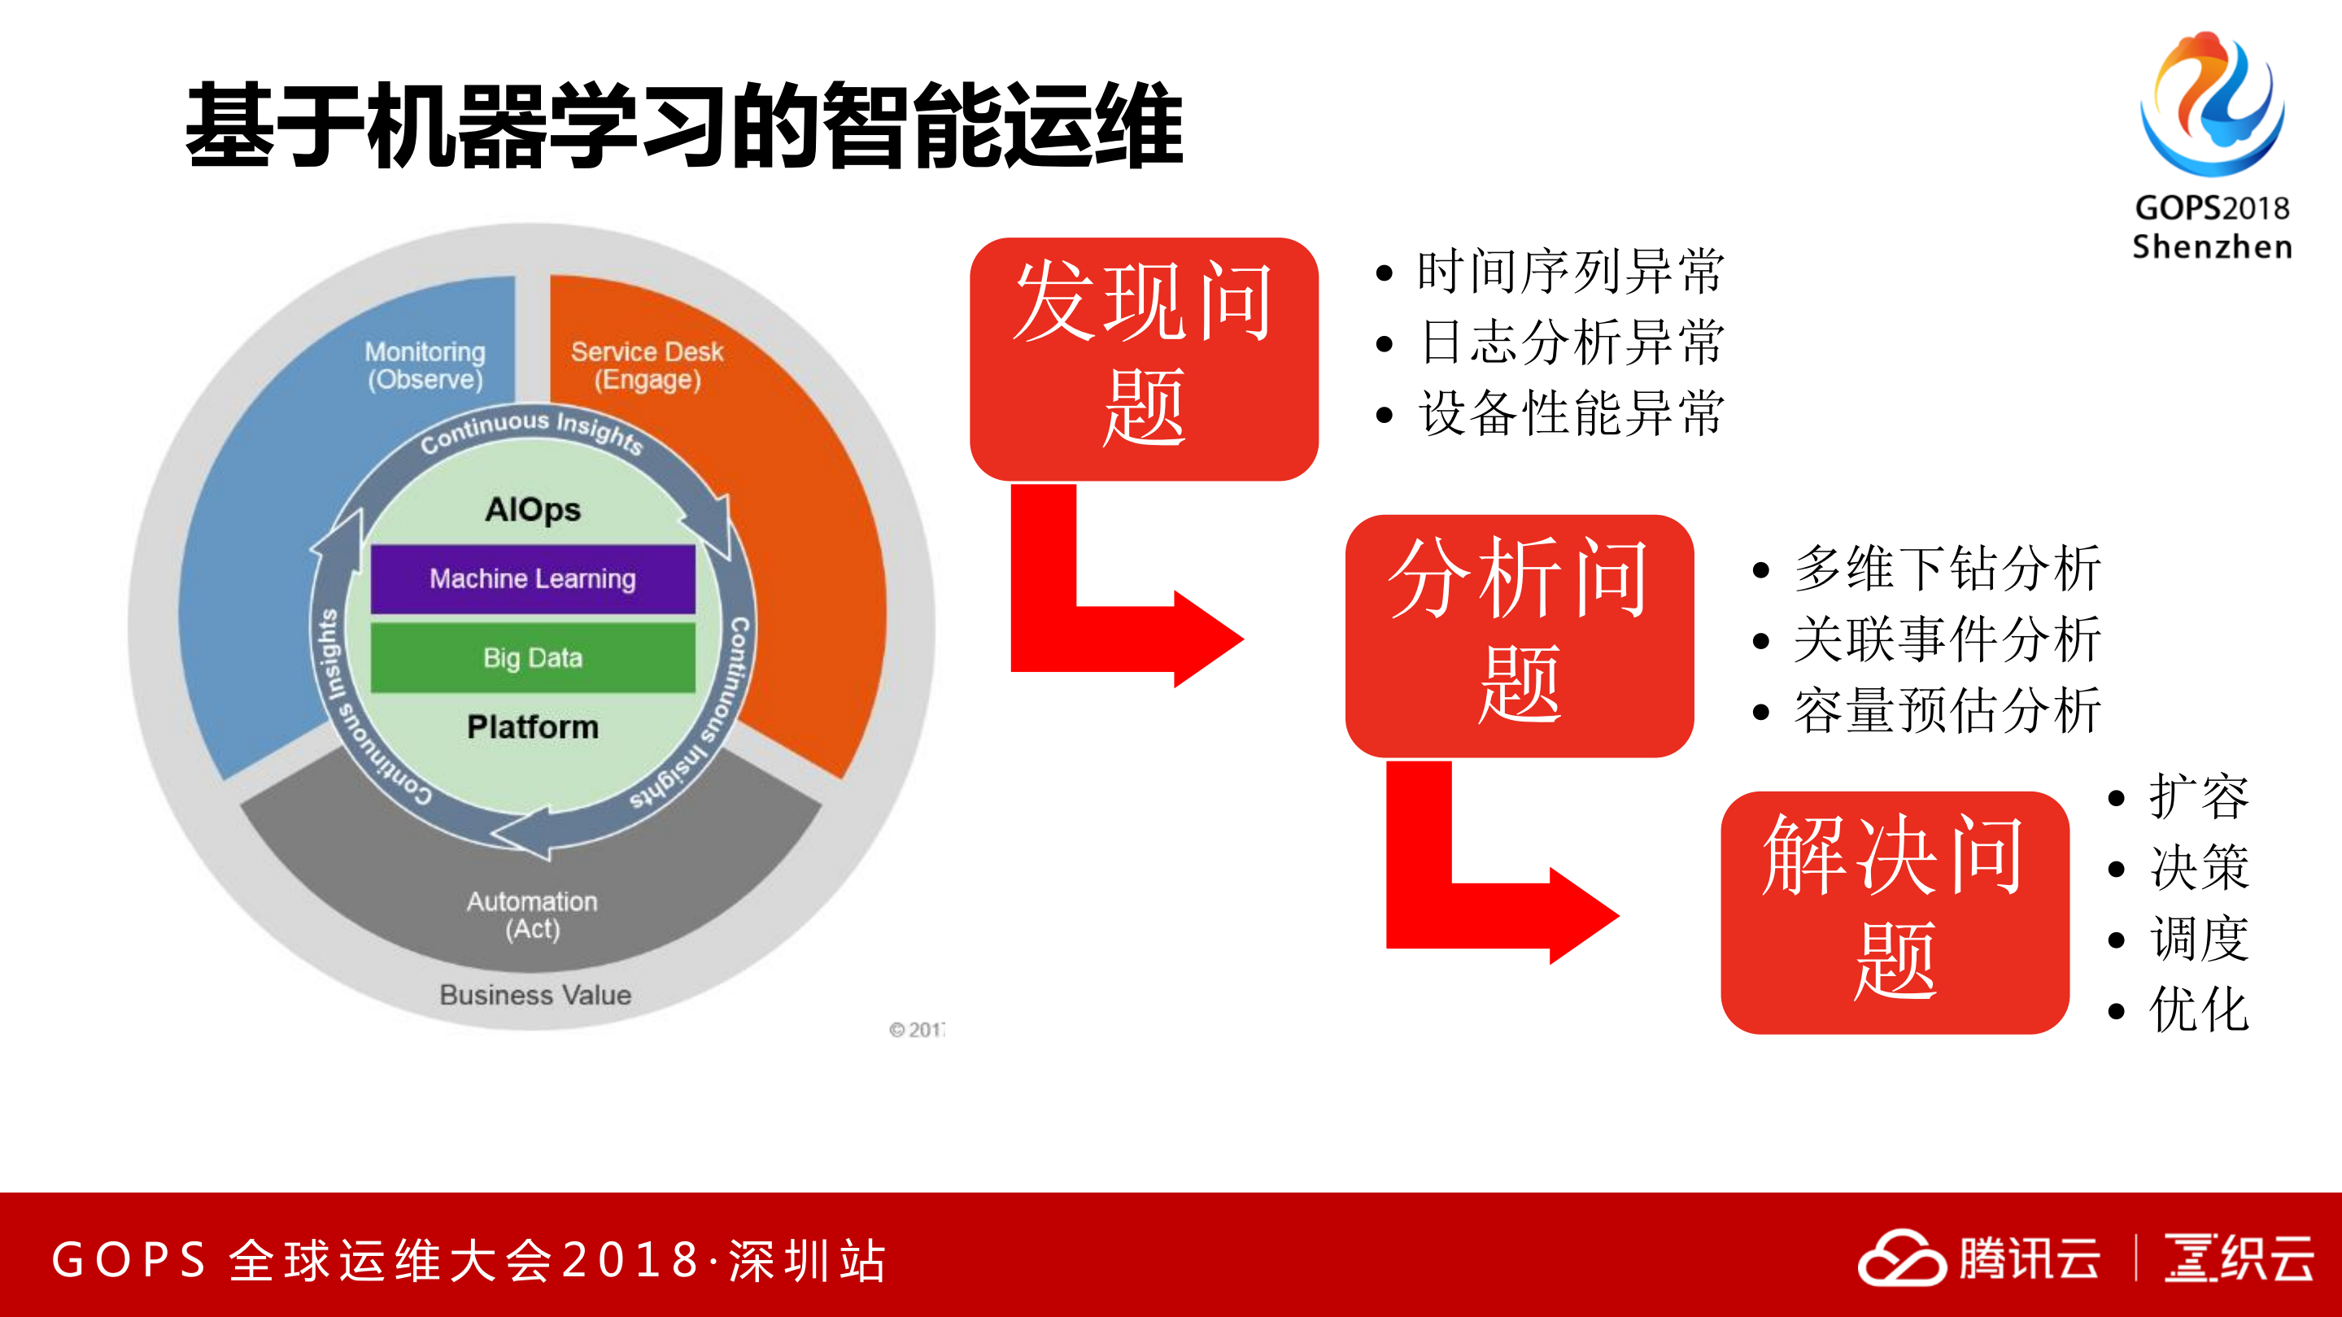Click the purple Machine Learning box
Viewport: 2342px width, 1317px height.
pos(533,579)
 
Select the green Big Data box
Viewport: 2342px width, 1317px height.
pos(533,657)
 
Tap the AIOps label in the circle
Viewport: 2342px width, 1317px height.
pos(533,509)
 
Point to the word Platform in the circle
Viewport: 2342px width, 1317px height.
pos(533,726)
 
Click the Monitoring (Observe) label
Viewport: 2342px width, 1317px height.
pos(425,365)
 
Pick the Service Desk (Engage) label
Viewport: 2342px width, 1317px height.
pos(647,365)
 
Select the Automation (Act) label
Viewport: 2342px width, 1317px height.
pos(533,914)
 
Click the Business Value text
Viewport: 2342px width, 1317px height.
pos(534,994)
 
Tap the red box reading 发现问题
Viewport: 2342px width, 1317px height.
pos(1144,358)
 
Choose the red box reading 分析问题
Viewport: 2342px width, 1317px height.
pos(1520,635)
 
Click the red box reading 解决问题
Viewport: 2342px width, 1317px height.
pos(1895,912)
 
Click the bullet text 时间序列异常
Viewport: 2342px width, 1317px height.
pos(1570,271)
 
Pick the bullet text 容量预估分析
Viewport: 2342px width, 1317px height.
pos(1947,710)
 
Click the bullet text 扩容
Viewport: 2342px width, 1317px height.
pos(2198,797)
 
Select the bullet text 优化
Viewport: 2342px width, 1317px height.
pos(2198,1010)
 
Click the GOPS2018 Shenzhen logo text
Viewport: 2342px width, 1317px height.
pos(2211,227)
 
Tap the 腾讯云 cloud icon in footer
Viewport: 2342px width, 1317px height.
pos(1901,1258)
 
